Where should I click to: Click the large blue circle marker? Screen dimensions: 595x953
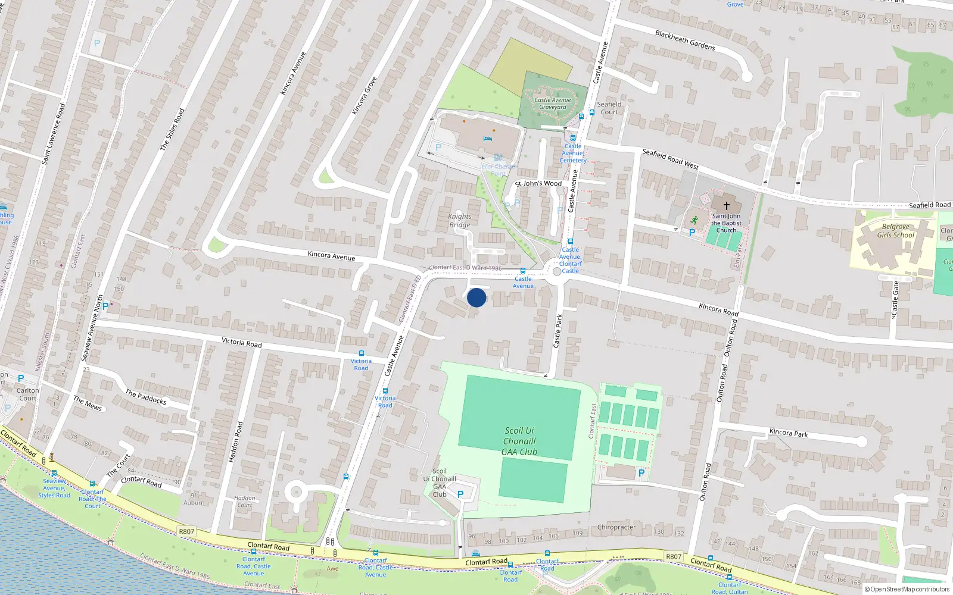click(476, 297)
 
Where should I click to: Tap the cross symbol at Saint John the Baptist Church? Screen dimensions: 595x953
click(726, 206)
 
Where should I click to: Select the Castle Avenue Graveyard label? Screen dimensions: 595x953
click(553, 104)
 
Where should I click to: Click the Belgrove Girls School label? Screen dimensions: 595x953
click(895, 231)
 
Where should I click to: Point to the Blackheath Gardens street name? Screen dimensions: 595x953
click(685, 40)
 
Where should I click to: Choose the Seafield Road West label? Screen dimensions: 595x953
click(670, 159)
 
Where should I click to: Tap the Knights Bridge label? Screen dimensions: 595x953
click(459, 221)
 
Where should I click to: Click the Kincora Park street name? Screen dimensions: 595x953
click(789, 433)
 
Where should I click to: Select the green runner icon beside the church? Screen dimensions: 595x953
click(694, 220)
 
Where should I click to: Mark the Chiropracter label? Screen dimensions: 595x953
click(616, 527)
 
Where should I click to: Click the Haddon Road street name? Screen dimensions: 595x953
click(236, 442)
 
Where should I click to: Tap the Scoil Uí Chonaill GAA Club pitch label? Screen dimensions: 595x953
click(519, 441)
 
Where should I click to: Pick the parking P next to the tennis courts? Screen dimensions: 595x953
click(641, 473)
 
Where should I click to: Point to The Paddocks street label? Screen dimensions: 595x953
click(146, 397)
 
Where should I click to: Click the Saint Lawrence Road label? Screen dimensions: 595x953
click(53, 134)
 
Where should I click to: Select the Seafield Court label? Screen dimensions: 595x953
click(609, 108)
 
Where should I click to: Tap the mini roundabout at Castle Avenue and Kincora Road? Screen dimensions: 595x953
click(557, 271)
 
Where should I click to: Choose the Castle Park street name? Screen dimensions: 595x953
click(558, 331)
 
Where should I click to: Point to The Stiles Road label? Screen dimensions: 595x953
click(172, 129)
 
